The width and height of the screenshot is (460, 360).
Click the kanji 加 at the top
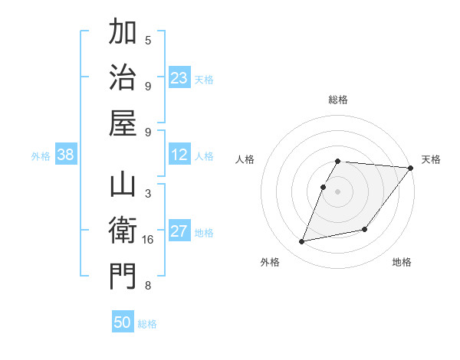123,34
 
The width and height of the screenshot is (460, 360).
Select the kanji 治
123,77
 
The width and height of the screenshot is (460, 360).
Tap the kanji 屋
123,122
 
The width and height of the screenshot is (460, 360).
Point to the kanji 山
123,186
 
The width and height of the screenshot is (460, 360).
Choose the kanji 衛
123,231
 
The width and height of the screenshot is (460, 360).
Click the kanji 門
123,275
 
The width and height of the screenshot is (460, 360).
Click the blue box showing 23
179,77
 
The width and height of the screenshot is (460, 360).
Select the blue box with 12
179,155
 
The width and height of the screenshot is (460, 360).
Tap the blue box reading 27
179,231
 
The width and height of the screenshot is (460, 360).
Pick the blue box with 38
65,155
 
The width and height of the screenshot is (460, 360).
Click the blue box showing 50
123,322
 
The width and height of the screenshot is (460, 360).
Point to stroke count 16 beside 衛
148,241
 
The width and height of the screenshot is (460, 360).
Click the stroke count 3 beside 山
148,195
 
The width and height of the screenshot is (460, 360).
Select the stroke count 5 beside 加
148,41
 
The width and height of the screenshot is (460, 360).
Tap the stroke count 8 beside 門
148,286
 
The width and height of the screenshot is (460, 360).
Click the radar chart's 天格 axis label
431,159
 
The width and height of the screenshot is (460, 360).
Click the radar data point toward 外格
302,241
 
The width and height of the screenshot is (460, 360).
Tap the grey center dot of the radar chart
338,191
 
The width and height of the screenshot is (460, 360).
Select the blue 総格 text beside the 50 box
147,324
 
